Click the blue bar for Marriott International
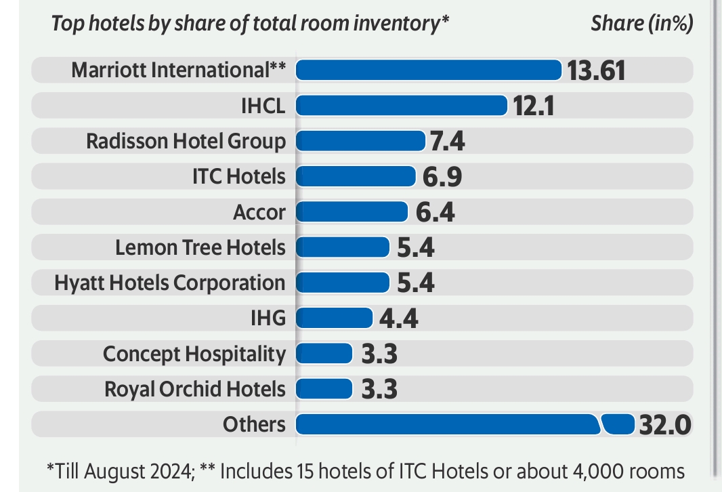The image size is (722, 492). (429, 70)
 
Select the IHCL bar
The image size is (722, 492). (402, 106)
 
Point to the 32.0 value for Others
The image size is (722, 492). (664, 425)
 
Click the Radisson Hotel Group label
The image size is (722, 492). (186, 142)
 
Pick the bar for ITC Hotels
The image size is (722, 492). (356, 177)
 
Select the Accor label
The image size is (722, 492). (259, 213)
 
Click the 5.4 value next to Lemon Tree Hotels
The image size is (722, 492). (415, 248)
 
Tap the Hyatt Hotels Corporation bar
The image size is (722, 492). (343, 283)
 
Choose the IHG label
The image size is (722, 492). (268, 319)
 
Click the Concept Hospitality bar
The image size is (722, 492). (324, 354)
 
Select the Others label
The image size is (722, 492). (254, 425)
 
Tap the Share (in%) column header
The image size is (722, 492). (641, 24)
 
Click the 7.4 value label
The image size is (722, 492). (446, 142)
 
